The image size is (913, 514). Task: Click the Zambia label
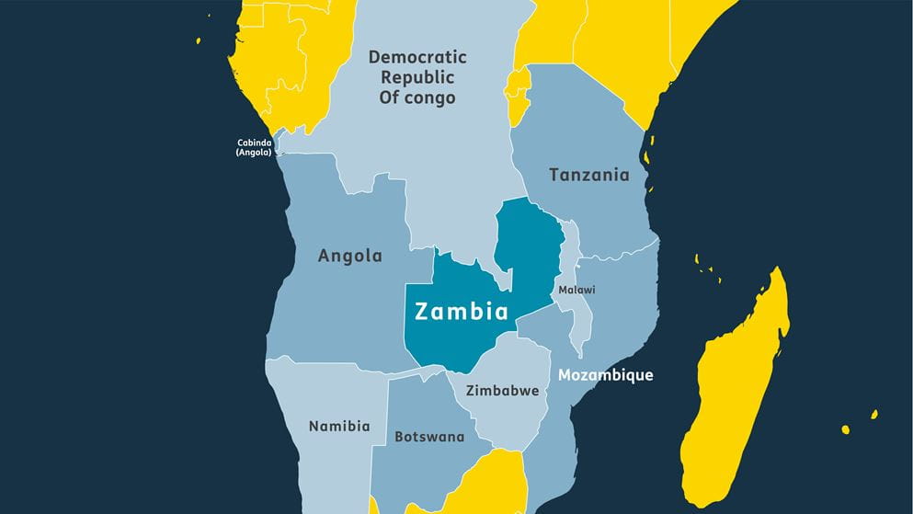point(462,311)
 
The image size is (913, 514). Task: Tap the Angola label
point(349,256)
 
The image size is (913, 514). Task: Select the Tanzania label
point(589,175)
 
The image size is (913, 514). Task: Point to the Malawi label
point(576,290)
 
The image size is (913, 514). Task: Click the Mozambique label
point(606,375)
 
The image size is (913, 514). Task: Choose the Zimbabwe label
point(502,391)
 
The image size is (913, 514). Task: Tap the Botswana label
point(429,437)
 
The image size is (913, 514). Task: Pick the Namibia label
point(339,426)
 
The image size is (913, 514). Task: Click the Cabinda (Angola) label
point(254,147)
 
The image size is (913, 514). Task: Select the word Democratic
point(417,57)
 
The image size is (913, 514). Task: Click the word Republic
point(417,77)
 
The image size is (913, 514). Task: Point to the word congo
point(430,97)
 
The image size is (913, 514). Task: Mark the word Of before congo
point(390,97)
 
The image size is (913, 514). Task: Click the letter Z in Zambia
point(422,311)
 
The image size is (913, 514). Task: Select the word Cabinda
point(254,143)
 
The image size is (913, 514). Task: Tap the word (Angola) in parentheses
point(254,153)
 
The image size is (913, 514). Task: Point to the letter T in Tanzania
point(554,175)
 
